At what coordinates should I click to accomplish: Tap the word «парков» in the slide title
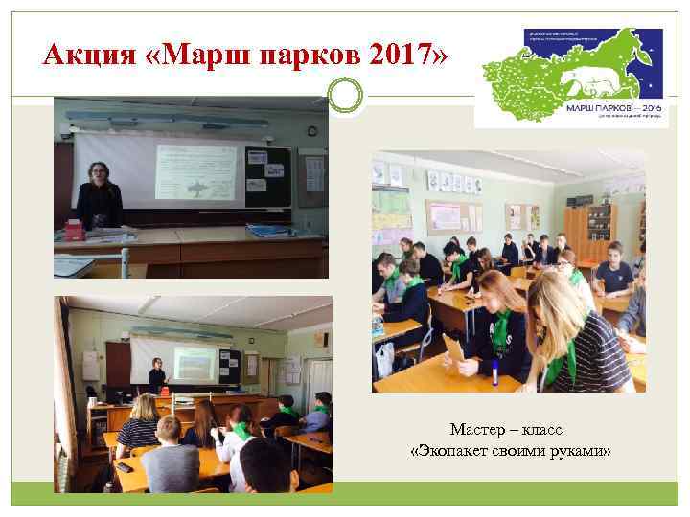286,56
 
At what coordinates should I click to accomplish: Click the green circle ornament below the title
344,94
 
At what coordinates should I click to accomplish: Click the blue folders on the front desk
266,229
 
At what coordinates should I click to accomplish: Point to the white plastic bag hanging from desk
384,359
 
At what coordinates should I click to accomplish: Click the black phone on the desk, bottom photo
125,467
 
